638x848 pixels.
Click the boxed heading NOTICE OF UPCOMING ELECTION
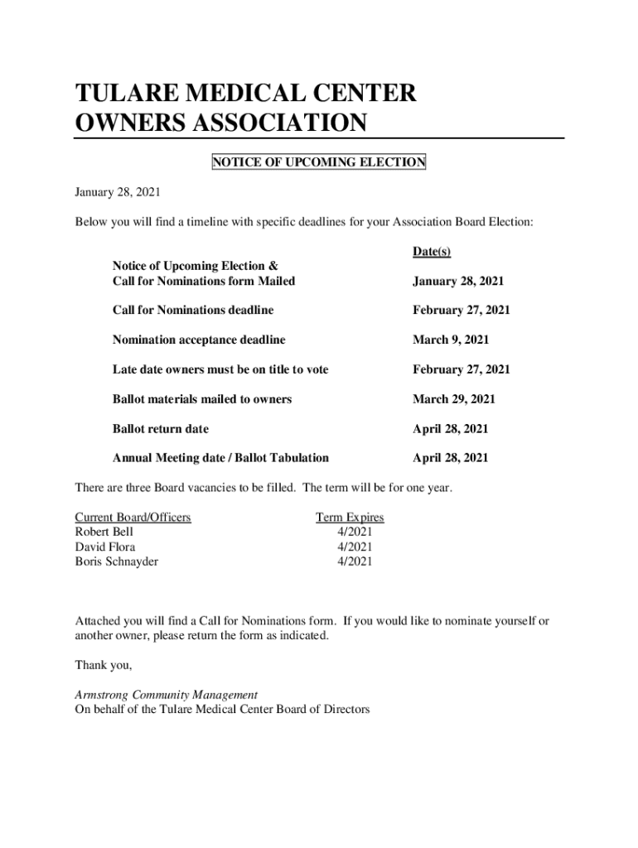[x=318, y=162]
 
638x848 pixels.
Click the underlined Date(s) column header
[x=431, y=252]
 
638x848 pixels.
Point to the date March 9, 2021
[x=451, y=340]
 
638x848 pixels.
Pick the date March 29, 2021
[x=454, y=399]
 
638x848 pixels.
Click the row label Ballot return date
[x=161, y=429]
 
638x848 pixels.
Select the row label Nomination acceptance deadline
[x=199, y=340]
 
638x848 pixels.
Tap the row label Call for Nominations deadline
[x=193, y=310]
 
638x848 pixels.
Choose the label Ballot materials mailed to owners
[x=202, y=399]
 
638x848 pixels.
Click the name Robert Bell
[x=104, y=532]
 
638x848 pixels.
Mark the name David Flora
[x=105, y=547]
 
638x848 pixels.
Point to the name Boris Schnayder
[x=117, y=561]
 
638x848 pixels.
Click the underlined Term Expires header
[x=350, y=518]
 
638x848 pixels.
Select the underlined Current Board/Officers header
[x=133, y=518]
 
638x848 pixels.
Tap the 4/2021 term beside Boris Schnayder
[x=355, y=561]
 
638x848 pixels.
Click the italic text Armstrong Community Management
[x=167, y=695]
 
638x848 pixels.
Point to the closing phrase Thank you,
[x=104, y=665]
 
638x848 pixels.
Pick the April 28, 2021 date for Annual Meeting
[x=451, y=458]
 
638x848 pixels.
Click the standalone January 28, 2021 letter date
[x=118, y=192]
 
